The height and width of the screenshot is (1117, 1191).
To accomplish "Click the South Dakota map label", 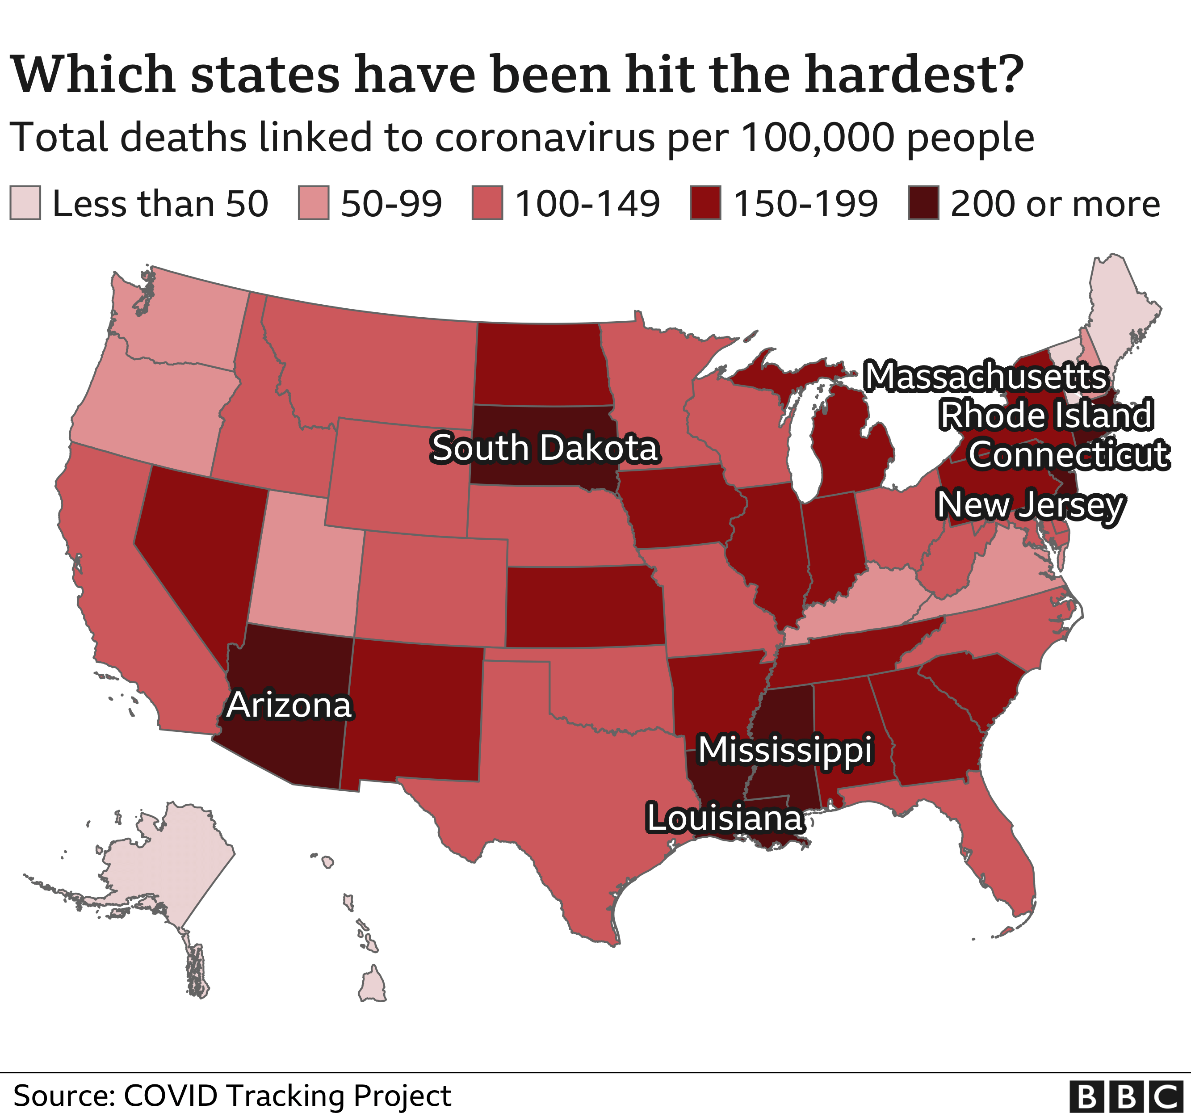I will point(545,448).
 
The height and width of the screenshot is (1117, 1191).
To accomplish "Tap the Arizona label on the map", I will point(289,705).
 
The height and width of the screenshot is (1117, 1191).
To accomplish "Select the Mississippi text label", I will point(785,750).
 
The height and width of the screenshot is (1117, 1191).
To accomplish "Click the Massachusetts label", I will point(986,377).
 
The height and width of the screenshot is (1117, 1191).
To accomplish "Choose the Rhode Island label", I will point(1045,415).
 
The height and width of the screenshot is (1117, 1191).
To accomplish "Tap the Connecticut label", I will point(1068,454).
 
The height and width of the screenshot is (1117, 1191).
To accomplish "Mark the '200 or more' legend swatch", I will point(924,203).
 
